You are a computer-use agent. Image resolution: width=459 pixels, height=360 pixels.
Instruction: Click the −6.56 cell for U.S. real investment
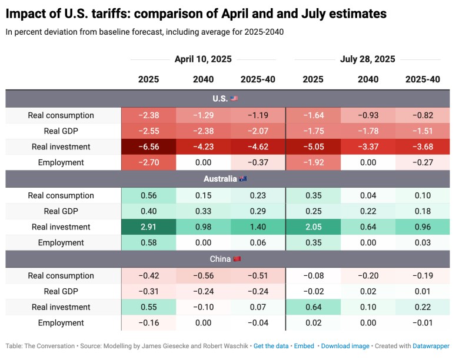[148, 146]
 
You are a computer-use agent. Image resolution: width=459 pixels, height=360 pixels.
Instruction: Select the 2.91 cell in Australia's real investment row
[148, 226]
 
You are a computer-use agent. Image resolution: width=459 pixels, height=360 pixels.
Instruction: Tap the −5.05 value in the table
[313, 146]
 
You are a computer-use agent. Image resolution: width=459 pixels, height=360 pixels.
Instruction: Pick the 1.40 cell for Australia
[258, 226]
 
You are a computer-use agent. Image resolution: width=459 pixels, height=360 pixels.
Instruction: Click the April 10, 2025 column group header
[203, 59]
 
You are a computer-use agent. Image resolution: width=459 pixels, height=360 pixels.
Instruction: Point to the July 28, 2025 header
[367, 59]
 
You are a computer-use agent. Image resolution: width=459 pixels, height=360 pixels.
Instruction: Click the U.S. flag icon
[234, 99]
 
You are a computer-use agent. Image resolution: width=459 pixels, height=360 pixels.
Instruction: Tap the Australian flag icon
[243, 179]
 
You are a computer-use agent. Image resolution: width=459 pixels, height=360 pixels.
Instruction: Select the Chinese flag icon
[237, 259]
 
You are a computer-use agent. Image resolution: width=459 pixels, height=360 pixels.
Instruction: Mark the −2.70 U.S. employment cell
[148, 162]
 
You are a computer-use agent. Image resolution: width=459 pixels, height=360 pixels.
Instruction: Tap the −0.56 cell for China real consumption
[203, 275]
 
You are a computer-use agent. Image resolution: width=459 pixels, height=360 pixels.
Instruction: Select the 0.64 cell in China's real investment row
[313, 307]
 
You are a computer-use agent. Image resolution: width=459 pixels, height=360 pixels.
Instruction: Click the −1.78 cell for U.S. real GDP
[368, 131]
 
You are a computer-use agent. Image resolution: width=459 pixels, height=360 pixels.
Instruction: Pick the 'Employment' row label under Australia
[61, 242]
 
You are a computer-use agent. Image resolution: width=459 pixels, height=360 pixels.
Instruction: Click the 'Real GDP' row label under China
[61, 291]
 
